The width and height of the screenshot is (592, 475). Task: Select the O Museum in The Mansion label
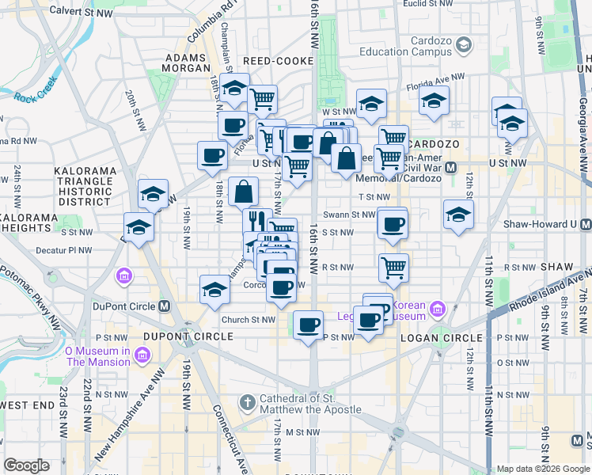coord(97,356)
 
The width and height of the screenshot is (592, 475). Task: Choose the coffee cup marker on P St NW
coord(309,324)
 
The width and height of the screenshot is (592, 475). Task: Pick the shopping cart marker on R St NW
coord(393,268)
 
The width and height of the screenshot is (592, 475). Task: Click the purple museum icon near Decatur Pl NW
coord(124,276)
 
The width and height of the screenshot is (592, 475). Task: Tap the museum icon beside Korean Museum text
coord(439,309)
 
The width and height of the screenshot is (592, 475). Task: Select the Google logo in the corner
coord(26,465)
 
